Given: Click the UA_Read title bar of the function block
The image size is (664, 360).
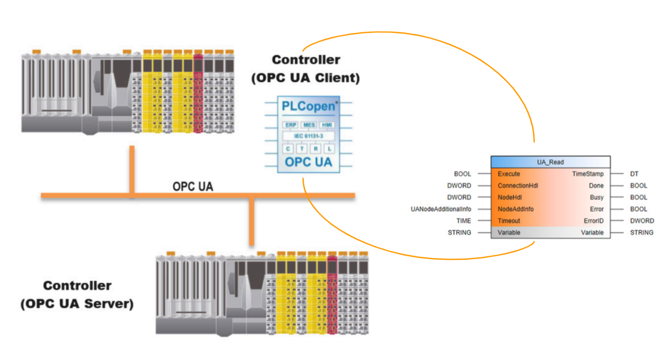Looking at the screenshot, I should point(550,162).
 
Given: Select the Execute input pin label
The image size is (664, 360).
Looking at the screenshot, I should point(509,174).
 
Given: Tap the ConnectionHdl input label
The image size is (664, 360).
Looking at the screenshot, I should point(518,186).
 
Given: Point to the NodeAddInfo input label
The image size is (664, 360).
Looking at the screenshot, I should point(515,209).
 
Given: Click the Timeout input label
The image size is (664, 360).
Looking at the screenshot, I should point(509,221).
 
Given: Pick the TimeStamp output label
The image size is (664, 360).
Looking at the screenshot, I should point(587,174).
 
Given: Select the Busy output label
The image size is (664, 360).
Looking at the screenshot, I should point(597,198).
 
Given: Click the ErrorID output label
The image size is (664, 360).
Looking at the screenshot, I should point(593,221).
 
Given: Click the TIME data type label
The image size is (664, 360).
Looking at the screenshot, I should point(463,221).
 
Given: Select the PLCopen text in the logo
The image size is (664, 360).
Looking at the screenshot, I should point(308,107).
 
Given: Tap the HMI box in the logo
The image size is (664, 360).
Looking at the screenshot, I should point(327,124).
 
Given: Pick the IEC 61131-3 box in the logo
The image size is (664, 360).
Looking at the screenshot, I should point(308,136).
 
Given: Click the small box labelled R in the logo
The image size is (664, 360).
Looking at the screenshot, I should point(316,149).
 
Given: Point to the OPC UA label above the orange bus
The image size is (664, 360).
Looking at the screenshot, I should point(193,187).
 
